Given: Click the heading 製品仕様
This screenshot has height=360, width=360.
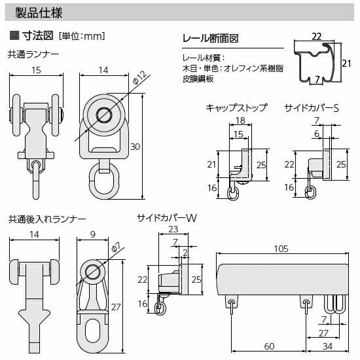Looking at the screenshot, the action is pyautogui.click(x=39, y=12).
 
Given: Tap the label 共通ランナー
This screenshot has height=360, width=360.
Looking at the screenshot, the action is pyautogui.click(x=33, y=54).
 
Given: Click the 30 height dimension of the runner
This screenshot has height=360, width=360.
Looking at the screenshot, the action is pyautogui.click(x=135, y=147).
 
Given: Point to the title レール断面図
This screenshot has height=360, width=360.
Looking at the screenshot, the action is pyautogui.click(x=210, y=39).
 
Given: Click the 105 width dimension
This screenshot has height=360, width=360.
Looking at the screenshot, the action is pyautogui.click(x=281, y=249).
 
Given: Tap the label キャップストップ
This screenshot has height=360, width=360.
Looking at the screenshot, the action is pyautogui.click(x=237, y=108).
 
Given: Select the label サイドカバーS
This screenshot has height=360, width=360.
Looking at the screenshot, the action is pyautogui.click(x=312, y=108).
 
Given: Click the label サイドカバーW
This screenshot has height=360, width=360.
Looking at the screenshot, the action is pyautogui.click(x=167, y=218).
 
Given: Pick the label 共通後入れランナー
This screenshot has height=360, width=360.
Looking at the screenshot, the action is pyautogui.click(x=47, y=219).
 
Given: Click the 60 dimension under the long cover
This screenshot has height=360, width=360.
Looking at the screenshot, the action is pyautogui.click(x=269, y=346).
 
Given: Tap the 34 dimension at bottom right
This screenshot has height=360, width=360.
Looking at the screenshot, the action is pyautogui.click(x=327, y=346).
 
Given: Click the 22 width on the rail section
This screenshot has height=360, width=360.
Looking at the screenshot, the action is pyautogui.click(x=317, y=37).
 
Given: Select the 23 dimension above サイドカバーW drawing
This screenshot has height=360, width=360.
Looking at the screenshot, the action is pyautogui.click(x=173, y=229).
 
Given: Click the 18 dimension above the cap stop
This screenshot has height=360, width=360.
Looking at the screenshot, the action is pyautogui.click(x=240, y=120).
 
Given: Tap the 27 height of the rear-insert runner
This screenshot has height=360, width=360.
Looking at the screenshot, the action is pyautogui.click(x=116, y=307).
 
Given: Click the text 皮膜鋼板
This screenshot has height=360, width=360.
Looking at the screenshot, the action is pyautogui.click(x=198, y=79).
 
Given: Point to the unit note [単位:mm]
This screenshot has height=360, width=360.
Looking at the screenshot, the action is pyautogui.click(x=82, y=36).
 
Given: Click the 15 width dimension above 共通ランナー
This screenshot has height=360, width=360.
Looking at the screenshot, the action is pyautogui.click(x=36, y=70).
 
